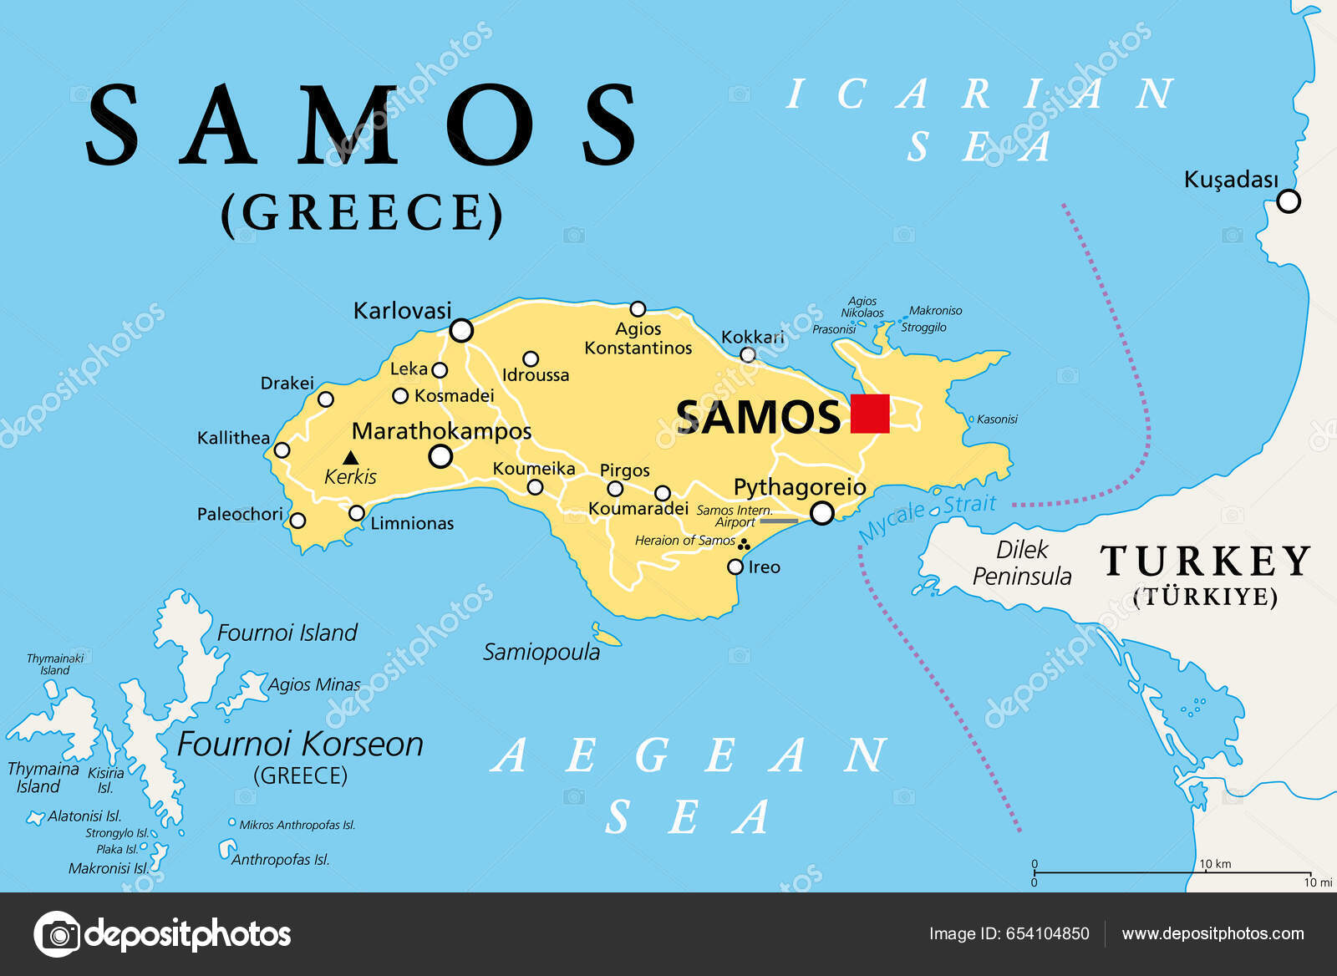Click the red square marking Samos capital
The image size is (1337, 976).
[x=870, y=414]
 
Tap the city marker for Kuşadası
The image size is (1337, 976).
[x=1289, y=201]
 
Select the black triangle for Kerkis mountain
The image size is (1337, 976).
[x=351, y=458]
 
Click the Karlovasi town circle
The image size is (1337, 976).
[x=461, y=331]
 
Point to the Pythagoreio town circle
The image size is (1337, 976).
[x=822, y=513]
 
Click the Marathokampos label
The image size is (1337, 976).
[x=441, y=431]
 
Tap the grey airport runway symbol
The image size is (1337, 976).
[x=779, y=521]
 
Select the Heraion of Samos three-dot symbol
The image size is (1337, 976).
[x=743, y=545]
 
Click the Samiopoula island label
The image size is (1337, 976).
[x=541, y=653]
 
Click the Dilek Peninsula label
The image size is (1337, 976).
[x=1021, y=563]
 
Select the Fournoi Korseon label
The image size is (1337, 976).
[x=300, y=745]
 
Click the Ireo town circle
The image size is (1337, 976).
[x=735, y=567]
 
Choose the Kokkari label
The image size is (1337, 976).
[x=752, y=337]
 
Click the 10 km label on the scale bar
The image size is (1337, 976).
[x=1215, y=864]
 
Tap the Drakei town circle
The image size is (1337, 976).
[x=326, y=399]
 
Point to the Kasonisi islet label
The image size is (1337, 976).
[x=997, y=419]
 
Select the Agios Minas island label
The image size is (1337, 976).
[x=314, y=685]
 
